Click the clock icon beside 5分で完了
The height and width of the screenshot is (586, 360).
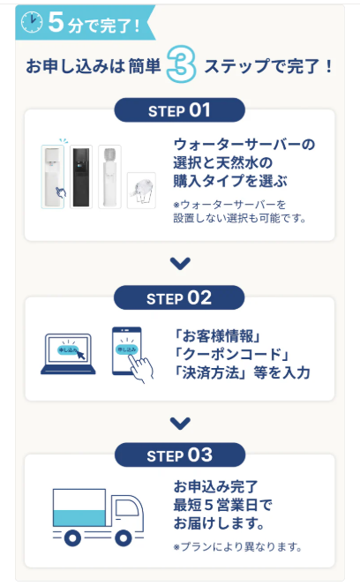tap(32, 22)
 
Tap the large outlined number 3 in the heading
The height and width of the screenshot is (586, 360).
tap(182, 64)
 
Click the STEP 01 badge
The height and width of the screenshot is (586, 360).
tap(179, 110)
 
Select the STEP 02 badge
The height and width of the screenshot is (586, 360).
tap(179, 298)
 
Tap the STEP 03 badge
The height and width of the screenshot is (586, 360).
tap(180, 455)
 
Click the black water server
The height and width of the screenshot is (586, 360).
tap(81, 177)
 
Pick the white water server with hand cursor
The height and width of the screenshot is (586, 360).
tap(53, 177)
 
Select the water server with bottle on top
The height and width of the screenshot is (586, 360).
tap(109, 177)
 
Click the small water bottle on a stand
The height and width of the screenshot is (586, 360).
tap(141, 191)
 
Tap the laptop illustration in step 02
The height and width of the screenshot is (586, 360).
tap(68, 354)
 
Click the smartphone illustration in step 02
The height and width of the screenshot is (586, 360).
tap(127, 350)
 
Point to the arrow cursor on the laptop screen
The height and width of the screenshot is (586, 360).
tap(81, 354)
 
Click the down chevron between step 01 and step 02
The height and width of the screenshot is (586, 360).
tap(180, 263)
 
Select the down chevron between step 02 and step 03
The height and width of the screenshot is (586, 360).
tap(180, 423)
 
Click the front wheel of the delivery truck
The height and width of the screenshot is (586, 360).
tap(124, 538)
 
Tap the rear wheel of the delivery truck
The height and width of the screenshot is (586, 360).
tap(72, 538)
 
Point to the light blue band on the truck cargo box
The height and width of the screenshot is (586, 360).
tap(79, 518)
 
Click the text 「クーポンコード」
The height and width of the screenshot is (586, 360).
tap(231, 354)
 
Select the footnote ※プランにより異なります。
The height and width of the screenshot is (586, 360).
tap(237, 547)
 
